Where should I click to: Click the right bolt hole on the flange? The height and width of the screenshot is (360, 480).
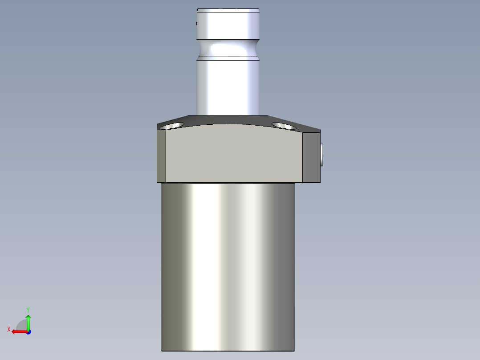click(x=284, y=126)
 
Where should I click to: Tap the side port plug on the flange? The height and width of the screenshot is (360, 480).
click(x=322, y=154)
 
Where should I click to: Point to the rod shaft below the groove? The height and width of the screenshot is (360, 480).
click(x=228, y=85)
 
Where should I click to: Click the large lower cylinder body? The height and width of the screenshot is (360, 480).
click(x=228, y=267)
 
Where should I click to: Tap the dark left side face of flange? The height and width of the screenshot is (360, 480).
click(x=162, y=156)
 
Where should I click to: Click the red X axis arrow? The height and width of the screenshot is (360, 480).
click(x=18, y=331)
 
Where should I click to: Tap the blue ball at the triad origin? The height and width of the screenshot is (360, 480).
click(x=28, y=331)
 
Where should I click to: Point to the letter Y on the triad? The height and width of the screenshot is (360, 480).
click(x=28, y=309)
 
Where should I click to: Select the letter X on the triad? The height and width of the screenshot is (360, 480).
click(x=8, y=329)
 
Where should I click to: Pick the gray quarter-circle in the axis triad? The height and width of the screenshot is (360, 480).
click(x=22, y=325)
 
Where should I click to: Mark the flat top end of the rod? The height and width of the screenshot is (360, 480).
click(x=228, y=10)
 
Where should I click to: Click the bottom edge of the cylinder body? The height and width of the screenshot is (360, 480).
click(x=228, y=350)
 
